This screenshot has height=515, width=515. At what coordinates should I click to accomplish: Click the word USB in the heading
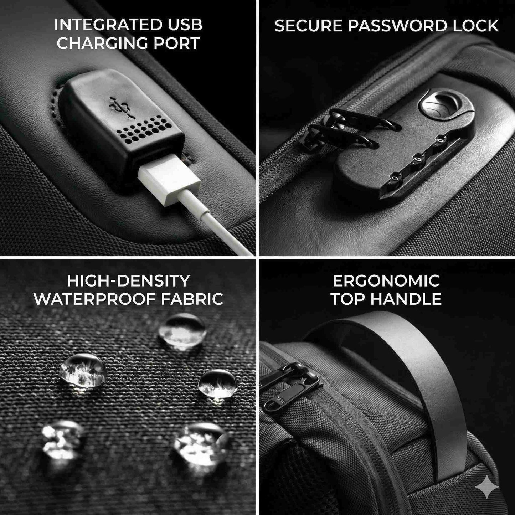(184, 25)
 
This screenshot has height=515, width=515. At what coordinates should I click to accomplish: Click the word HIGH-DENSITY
(128, 281)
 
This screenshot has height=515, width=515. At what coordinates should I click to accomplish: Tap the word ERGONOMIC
(386, 281)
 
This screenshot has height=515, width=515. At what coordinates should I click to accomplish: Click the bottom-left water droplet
(63, 438)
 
